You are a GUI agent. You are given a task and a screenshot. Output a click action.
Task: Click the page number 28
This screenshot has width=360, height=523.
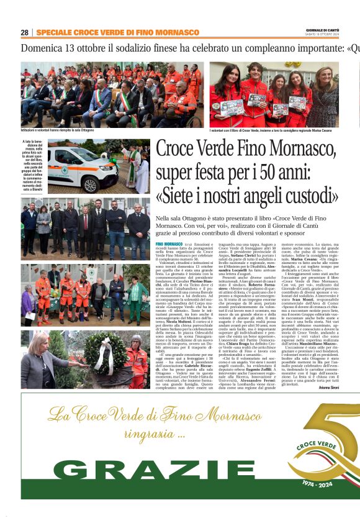click(x=24, y=32)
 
